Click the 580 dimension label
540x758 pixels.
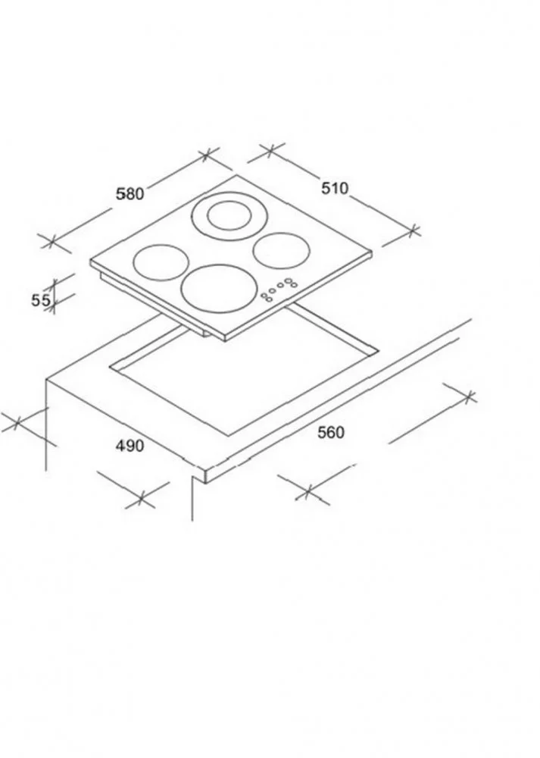[x=130, y=194]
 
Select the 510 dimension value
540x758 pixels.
[x=335, y=188]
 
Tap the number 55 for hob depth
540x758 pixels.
[x=41, y=300]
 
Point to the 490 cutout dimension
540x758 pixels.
[x=130, y=446]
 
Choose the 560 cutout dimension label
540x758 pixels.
[x=331, y=432]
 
